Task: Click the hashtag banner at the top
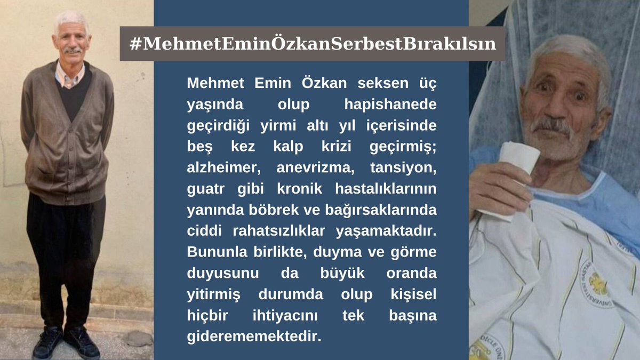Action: tap(312, 44)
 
